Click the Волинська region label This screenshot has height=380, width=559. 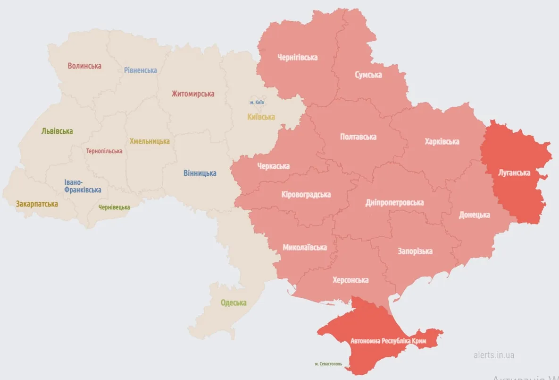[x=84, y=66]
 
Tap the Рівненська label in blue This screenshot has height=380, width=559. [x=141, y=70]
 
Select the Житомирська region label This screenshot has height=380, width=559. [x=192, y=94]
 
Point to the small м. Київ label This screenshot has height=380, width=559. [x=257, y=103]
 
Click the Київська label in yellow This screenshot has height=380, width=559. [x=261, y=117]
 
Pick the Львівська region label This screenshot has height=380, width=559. [x=57, y=131]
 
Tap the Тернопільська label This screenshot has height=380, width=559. [x=104, y=151]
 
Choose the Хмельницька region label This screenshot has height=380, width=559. [x=150, y=141]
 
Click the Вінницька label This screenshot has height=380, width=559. [x=200, y=173]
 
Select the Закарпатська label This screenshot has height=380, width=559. [x=37, y=204]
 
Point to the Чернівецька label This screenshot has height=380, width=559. [x=114, y=207]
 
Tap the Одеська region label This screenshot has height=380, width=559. [x=234, y=302]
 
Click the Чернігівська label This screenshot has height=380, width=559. [x=297, y=57]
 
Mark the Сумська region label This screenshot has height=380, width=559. [x=368, y=75]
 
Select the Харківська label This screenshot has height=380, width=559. [x=442, y=141]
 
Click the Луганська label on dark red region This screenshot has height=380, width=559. [x=514, y=173]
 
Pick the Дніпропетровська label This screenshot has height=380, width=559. [x=394, y=202]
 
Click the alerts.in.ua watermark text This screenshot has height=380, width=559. [x=494, y=354]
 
